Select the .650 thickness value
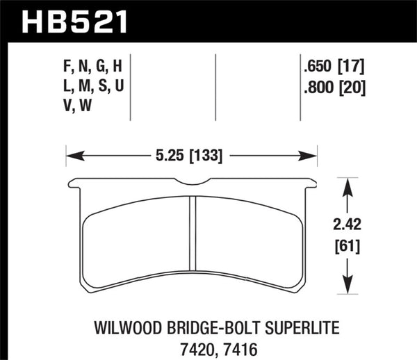(x=316, y=67)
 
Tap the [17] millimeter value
(x=352, y=67)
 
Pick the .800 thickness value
(x=316, y=88)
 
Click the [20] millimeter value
(x=352, y=88)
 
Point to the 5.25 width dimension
(x=169, y=156)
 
